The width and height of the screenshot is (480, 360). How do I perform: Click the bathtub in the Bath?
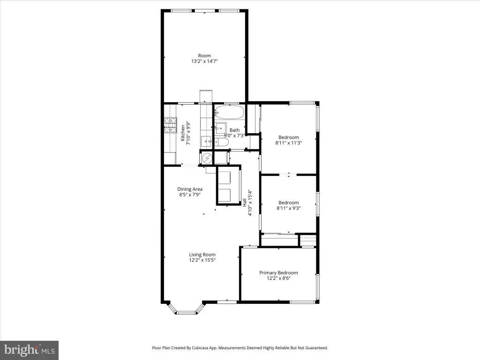pyautogui.click(x=229, y=112)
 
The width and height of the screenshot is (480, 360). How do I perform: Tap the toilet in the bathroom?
pyautogui.click(x=221, y=142)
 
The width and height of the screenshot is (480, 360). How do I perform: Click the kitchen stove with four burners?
pyautogui.click(x=171, y=126)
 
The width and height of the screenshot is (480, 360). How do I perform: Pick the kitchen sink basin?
pyautogui.click(x=207, y=142)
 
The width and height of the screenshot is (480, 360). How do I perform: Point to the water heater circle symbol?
pyautogui.click(x=207, y=158)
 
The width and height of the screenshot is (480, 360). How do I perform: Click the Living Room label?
pyautogui.click(x=202, y=255)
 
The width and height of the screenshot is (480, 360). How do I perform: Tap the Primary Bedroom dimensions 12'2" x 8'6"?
pyautogui.click(x=278, y=278)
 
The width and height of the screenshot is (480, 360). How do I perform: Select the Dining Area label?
pyautogui.click(x=190, y=189)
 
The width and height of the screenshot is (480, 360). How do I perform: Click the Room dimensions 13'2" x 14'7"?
pyautogui.click(x=204, y=61)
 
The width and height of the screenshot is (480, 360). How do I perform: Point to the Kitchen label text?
pyautogui.click(x=183, y=133)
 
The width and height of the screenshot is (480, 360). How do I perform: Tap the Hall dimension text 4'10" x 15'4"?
pyautogui.click(x=250, y=203)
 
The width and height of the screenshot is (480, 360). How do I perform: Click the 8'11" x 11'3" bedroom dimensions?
pyautogui.click(x=289, y=142)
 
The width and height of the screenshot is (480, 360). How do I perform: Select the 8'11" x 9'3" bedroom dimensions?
pyautogui.click(x=289, y=208)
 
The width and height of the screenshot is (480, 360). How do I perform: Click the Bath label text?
pyautogui.click(x=234, y=130)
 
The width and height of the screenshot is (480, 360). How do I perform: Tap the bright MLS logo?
pyautogui.click(x=29, y=350)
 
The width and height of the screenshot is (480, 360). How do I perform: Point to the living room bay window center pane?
pyautogui.click(x=186, y=313)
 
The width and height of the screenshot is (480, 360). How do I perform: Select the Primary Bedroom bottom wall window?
pyautogui.click(x=302, y=302)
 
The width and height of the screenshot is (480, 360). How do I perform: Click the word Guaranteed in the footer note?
pyautogui.click(x=317, y=348)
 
